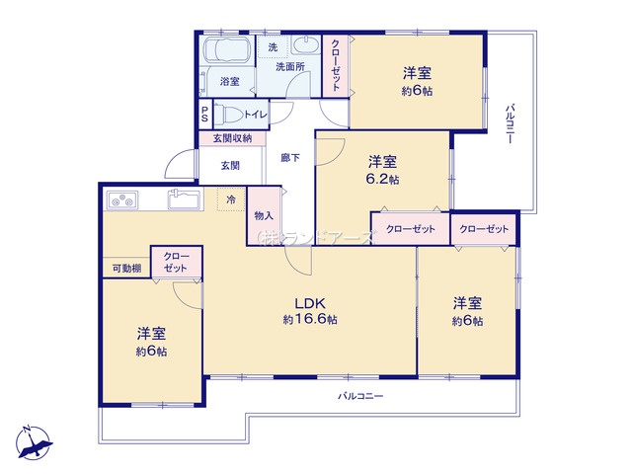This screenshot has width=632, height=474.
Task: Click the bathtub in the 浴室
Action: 227,50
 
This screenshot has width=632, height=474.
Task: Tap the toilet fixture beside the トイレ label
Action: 228,115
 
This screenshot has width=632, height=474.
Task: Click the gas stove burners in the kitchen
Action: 122,200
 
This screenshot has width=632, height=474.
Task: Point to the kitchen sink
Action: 185,199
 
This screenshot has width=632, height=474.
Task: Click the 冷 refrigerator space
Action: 231,199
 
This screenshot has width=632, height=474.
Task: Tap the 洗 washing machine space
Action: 273,47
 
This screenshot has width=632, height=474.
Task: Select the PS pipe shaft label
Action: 204,115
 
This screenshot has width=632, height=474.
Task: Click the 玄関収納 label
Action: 233,138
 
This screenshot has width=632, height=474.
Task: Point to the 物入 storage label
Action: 264,216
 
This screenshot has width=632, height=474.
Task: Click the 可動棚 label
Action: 126,269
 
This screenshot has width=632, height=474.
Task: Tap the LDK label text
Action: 310,303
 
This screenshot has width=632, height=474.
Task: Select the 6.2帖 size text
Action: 382,179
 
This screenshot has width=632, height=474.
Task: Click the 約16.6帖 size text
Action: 310,319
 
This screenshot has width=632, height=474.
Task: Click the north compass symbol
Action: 34,442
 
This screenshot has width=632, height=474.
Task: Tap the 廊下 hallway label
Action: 290,158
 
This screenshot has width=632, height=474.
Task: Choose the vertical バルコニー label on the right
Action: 510,123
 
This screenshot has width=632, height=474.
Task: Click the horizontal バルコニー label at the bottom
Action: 360,396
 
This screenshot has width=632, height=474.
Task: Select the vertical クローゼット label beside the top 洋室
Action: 336,65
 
